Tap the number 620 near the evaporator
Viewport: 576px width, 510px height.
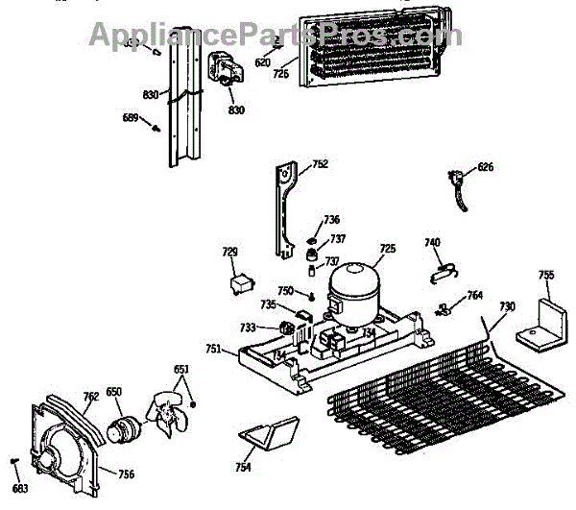[262, 62]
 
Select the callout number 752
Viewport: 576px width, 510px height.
[320, 164]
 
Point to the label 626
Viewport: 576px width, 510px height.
[485, 167]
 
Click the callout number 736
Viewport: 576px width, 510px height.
[330, 220]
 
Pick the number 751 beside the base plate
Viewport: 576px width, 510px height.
[213, 350]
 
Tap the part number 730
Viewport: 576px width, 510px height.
[506, 306]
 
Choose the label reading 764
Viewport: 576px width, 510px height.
[474, 295]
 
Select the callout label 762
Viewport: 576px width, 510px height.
[90, 394]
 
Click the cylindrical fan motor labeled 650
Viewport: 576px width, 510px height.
[122, 430]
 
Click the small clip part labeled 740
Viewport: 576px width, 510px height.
[441, 271]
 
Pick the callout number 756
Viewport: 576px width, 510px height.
[126, 473]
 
